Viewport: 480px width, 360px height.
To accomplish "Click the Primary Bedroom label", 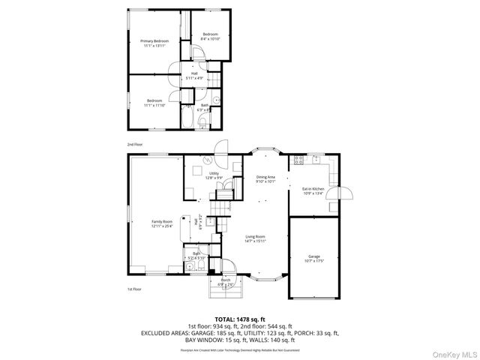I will point(154,40).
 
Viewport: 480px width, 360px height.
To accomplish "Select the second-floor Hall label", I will point(193,73).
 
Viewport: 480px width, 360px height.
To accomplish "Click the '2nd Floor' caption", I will point(134,143).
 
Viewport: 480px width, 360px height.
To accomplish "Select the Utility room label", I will point(214,173).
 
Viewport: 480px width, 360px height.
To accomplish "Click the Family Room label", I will point(162,221).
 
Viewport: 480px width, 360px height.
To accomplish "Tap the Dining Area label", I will point(266,177).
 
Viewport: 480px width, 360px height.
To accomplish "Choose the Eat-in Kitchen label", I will point(313,188).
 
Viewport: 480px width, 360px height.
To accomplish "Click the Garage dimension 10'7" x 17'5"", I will point(313,260).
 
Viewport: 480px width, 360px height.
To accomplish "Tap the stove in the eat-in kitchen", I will point(298,159).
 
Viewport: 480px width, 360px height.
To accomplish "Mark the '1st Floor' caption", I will point(134,289).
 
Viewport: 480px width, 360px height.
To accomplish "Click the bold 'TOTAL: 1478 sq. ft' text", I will point(240,318).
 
